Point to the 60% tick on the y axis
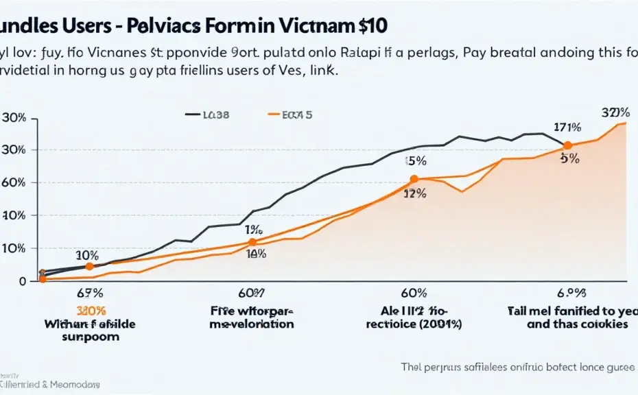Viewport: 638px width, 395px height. pos(15,182)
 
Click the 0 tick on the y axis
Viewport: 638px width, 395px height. pos(22,281)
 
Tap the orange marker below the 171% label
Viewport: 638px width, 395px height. pos(567,145)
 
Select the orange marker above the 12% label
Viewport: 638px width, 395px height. pos(414,179)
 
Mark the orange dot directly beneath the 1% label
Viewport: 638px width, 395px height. pos(252,242)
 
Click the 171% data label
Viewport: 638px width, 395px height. pos(567,128)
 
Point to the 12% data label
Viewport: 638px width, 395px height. pos(414,194)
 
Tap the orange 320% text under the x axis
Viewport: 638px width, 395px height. pos(91,311)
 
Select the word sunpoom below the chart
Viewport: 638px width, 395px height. pos(91,337)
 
